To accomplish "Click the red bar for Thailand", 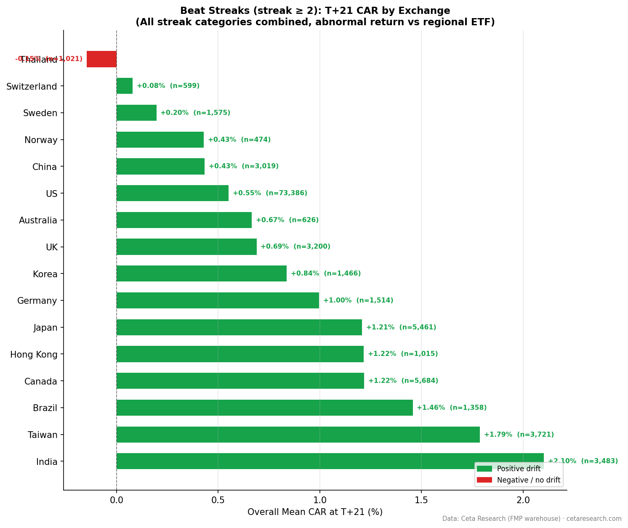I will (x=101, y=59).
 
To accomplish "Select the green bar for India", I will (x=295, y=461).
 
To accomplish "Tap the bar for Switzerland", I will (x=125, y=86).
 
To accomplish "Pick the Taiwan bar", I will (x=298, y=435).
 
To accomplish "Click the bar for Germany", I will (x=218, y=300).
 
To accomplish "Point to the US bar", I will (x=173, y=193).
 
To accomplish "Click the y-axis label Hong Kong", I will (x=34, y=355).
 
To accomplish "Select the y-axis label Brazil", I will (x=45, y=408).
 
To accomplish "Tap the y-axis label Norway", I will (x=41, y=140).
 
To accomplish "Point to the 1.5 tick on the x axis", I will (x=421, y=501).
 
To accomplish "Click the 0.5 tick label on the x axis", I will (x=218, y=501).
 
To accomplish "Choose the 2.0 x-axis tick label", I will (x=523, y=501).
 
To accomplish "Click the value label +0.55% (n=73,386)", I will (x=270, y=193).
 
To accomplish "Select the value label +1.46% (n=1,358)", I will (x=452, y=408).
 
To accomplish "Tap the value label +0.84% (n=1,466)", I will (x=326, y=273).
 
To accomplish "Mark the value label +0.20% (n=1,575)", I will (x=195, y=113).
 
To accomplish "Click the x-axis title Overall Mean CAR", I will (x=315, y=512).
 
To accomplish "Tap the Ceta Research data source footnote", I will (x=532, y=519).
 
